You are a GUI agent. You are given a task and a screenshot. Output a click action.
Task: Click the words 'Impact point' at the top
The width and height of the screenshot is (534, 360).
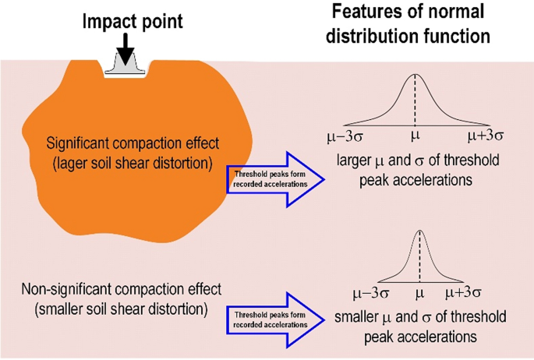(x=133, y=21)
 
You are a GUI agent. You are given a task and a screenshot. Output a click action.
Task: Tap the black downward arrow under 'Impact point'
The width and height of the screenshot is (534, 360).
(x=125, y=51)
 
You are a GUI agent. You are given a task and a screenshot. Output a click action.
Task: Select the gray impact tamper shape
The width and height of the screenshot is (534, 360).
(x=126, y=69)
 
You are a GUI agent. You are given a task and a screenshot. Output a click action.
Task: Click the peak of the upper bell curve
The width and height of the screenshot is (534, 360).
(x=415, y=75)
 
